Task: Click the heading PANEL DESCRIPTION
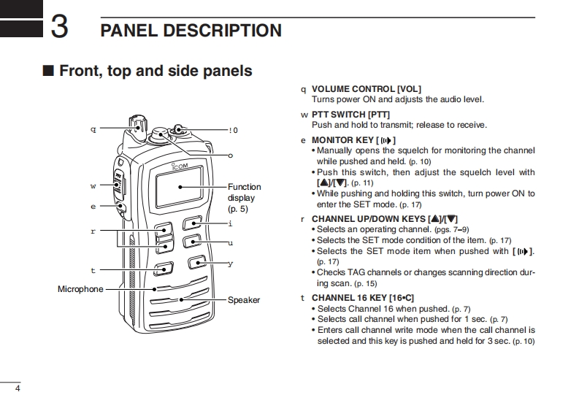click(191, 31)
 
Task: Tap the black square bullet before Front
click(48, 72)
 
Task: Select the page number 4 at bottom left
click(17, 388)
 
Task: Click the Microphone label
click(80, 289)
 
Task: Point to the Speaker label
click(243, 300)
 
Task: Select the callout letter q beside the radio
click(93, 129)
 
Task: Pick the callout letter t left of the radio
click(93, 269)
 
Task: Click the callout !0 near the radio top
click(233, 131)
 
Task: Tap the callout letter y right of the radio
click(230, 264)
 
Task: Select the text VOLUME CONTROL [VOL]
click(367, 89)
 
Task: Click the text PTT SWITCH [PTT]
click(350, 115)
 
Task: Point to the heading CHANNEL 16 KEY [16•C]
click(362, 298)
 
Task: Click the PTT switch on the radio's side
click(120, 182)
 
